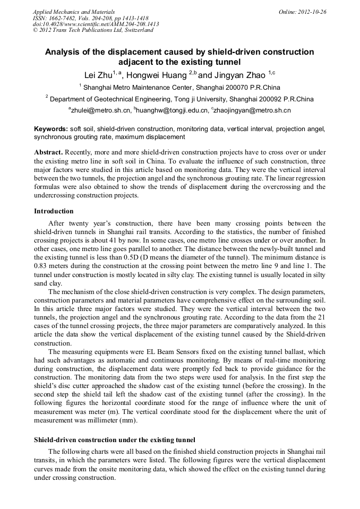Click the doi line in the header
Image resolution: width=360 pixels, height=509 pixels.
(x=96, y=24)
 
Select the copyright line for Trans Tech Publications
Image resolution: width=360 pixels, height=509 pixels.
(x=92, y=30)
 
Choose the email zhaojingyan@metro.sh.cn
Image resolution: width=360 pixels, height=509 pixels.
(x=252, y=110)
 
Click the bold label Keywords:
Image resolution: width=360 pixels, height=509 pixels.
(x=51, y=129)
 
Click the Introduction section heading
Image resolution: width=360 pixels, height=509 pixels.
(x=54, y=211)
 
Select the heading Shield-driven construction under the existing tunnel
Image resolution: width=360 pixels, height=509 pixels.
(x=115, y=440)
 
